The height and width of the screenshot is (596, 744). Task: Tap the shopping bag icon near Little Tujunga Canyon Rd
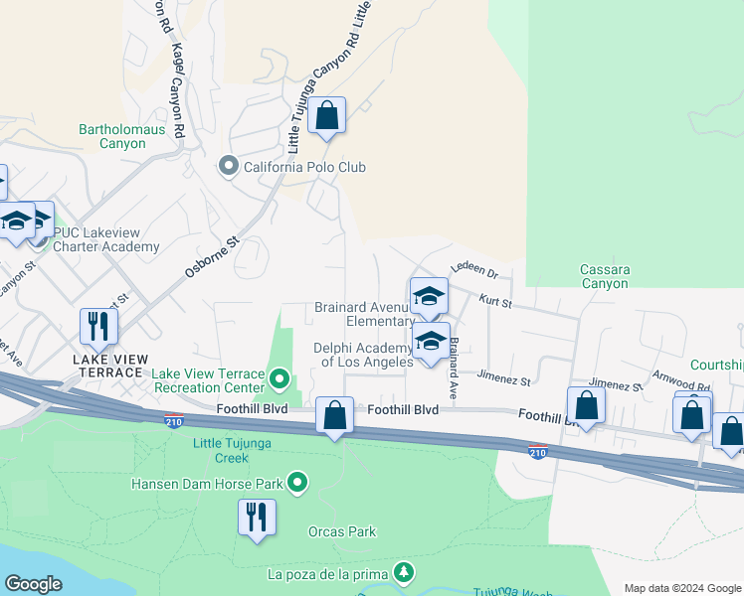click(x=326, y=116)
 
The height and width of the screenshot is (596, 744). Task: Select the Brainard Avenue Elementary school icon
click(x=429, y=296)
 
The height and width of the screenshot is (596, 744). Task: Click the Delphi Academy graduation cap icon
click(x=430, y=341)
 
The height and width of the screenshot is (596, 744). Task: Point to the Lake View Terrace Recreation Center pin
click(x=279, y=378)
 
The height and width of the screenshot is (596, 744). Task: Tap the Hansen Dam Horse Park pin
click(x=297, y=484)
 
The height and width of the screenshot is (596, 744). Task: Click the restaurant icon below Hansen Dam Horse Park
click(x=257, y=518)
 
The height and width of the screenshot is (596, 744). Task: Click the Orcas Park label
click(x=342, y=531)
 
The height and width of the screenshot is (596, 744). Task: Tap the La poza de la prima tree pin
click(x=403, y=573)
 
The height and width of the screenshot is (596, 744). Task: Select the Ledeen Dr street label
click(x=473, y=269)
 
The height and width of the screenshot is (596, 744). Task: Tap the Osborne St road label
click(x=213, y=255)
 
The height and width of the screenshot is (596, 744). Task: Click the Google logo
click(x=33, y=584)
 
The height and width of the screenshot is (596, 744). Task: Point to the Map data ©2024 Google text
click(x=681, y=588)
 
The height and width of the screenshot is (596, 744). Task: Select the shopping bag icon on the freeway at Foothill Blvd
click(x=335, y=416)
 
